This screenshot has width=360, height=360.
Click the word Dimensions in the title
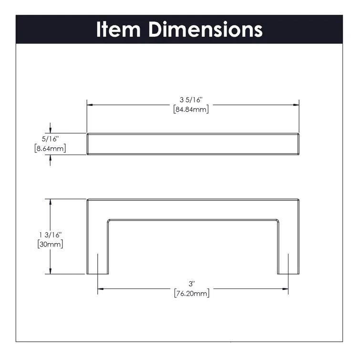pyautogui.click(x=205, y=29)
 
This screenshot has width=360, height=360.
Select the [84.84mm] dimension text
pyautogui.click(x=192, y=109)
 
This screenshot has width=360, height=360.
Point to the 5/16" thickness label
pyautogui.click(x=50, y=140)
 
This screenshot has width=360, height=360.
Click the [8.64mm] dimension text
pyautogui.click(x=50, y=149)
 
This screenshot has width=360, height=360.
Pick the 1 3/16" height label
pyautogui.click(x=50, y=235)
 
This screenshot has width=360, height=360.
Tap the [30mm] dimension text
pyautogui.click(x=50, y=244)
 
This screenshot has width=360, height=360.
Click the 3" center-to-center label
pyautogui.click(x=192, y=284)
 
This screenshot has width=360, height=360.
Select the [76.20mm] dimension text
pyautogui.click(x=192, y=293)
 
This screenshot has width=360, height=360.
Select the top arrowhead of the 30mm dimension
pyautogui.click(x=50, y=202)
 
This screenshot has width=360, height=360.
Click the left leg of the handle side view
pyautogui.click(x=97, y=248)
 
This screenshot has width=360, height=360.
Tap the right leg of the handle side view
pyautogui.click(x=288, y=248)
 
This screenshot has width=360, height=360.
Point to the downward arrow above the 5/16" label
pyautogui.click(x=50, y=129)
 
